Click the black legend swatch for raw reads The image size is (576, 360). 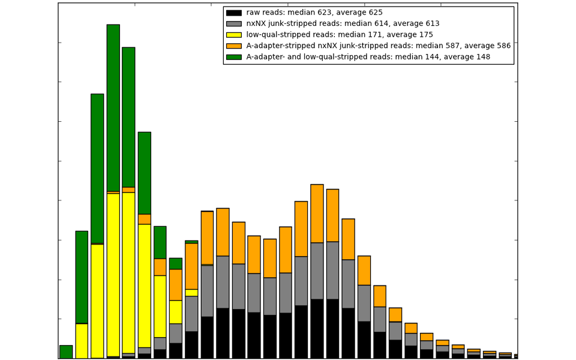[x=234, y=13]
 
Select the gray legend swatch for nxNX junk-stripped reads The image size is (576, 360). [x=234, y=24]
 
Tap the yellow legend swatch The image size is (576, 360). [x=234, y=35]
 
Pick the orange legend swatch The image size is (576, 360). [x=234, y=46]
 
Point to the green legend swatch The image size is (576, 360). [x=234, y=57]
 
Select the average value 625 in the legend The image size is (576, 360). [x=375, y=13]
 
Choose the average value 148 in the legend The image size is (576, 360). [x=482, y=57]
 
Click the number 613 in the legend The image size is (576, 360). [x=432, y=24]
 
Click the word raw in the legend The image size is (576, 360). [x=254, y=13]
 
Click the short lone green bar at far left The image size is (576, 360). [x=66, y=352]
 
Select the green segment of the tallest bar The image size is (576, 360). [x=113, y=108]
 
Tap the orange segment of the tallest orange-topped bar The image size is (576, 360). [x=317, y=214]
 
